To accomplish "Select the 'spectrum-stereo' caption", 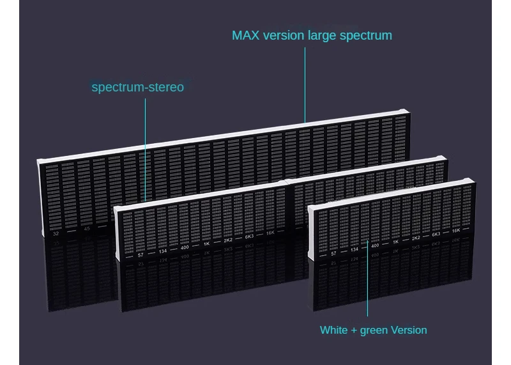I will click(137, 87).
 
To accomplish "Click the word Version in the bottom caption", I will click(409, 330).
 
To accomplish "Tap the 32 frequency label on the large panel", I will click(56, 234).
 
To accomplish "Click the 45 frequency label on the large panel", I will click(88, 229).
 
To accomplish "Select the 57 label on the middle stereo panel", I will click(141, 255).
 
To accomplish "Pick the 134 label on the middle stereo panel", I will click(163, 251).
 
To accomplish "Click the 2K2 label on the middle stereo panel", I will click(228, 240).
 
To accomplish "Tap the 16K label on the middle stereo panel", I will click(270, 233).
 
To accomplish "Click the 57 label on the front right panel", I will click(333, 254).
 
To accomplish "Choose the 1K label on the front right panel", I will click(395, 242).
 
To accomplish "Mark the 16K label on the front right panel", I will click(456, 230).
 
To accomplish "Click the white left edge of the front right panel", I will click(310, 233).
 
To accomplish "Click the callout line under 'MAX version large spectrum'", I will click(305, 83).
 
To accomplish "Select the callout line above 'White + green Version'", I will click(367, 281).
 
